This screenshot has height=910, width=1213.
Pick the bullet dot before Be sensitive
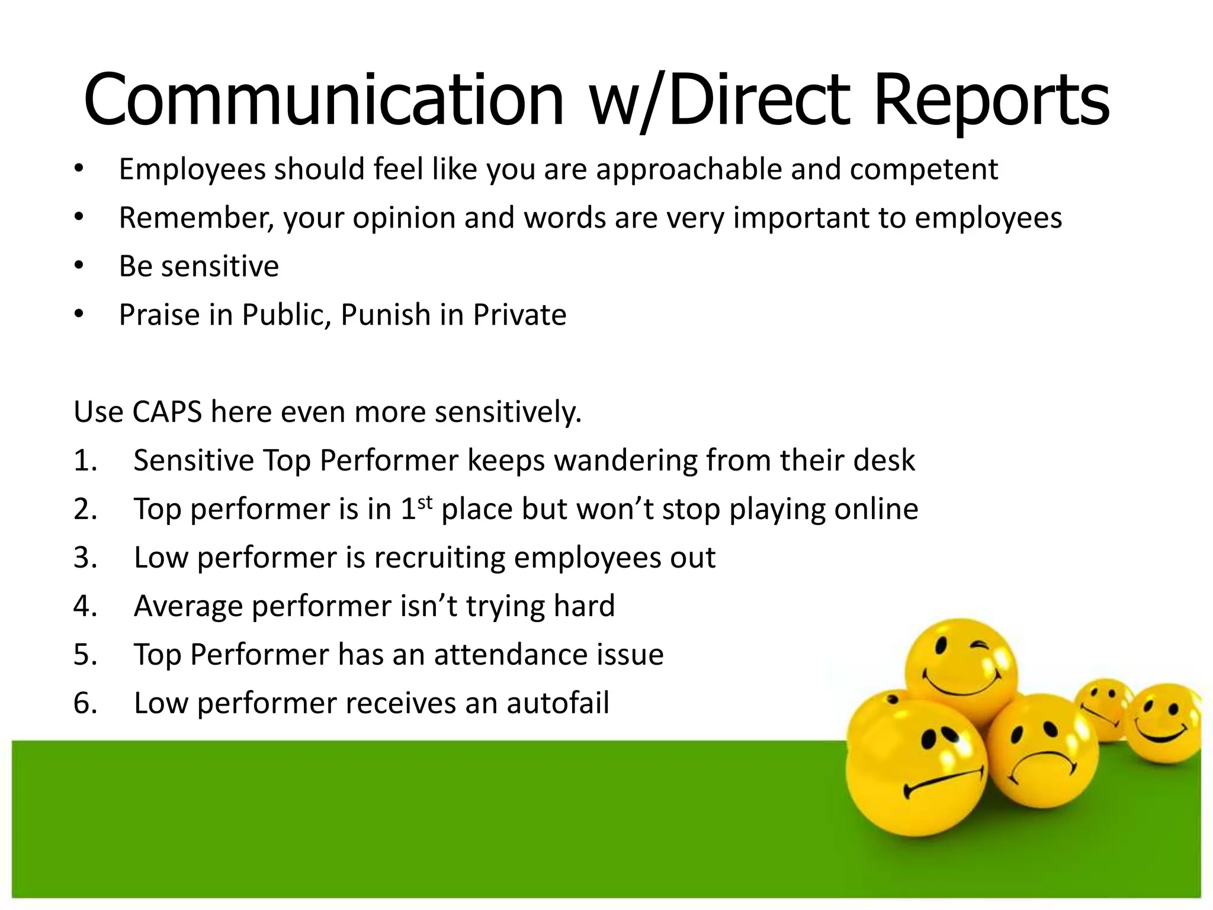[79, 265]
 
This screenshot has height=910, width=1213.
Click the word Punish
[386, 315]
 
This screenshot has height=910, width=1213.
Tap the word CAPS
[168, 412]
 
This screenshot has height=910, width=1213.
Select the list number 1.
[85, 461]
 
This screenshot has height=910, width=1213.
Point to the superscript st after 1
[425, 502]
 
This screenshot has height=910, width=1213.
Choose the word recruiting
[439, 558]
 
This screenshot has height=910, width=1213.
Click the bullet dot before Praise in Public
[79, 315]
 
